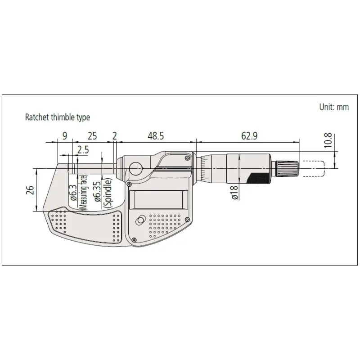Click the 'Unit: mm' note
334,107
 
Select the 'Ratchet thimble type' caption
58,117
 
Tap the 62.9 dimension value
249,136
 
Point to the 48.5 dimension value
156,136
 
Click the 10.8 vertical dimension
328,140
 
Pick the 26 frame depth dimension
30,190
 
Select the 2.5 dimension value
83,150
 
